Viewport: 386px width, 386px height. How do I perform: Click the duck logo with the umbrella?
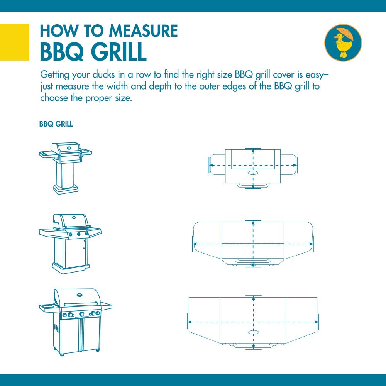pos(343,42)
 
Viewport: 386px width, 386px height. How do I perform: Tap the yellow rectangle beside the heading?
pos(14,42)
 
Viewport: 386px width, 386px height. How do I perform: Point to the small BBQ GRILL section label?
pos(56,125)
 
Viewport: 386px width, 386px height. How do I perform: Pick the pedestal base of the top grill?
pos(66,189)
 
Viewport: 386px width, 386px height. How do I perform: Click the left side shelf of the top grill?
pos(47,154)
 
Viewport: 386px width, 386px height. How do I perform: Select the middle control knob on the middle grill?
pos(78,234)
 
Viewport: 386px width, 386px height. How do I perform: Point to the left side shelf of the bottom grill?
pos(47,307)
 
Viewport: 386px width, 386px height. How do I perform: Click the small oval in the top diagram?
pos(253,173)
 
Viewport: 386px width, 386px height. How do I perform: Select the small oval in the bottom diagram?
pos(253,332)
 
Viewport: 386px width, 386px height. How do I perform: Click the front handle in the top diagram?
pos(253,185)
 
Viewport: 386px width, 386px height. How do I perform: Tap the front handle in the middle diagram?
pos(253,261)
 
